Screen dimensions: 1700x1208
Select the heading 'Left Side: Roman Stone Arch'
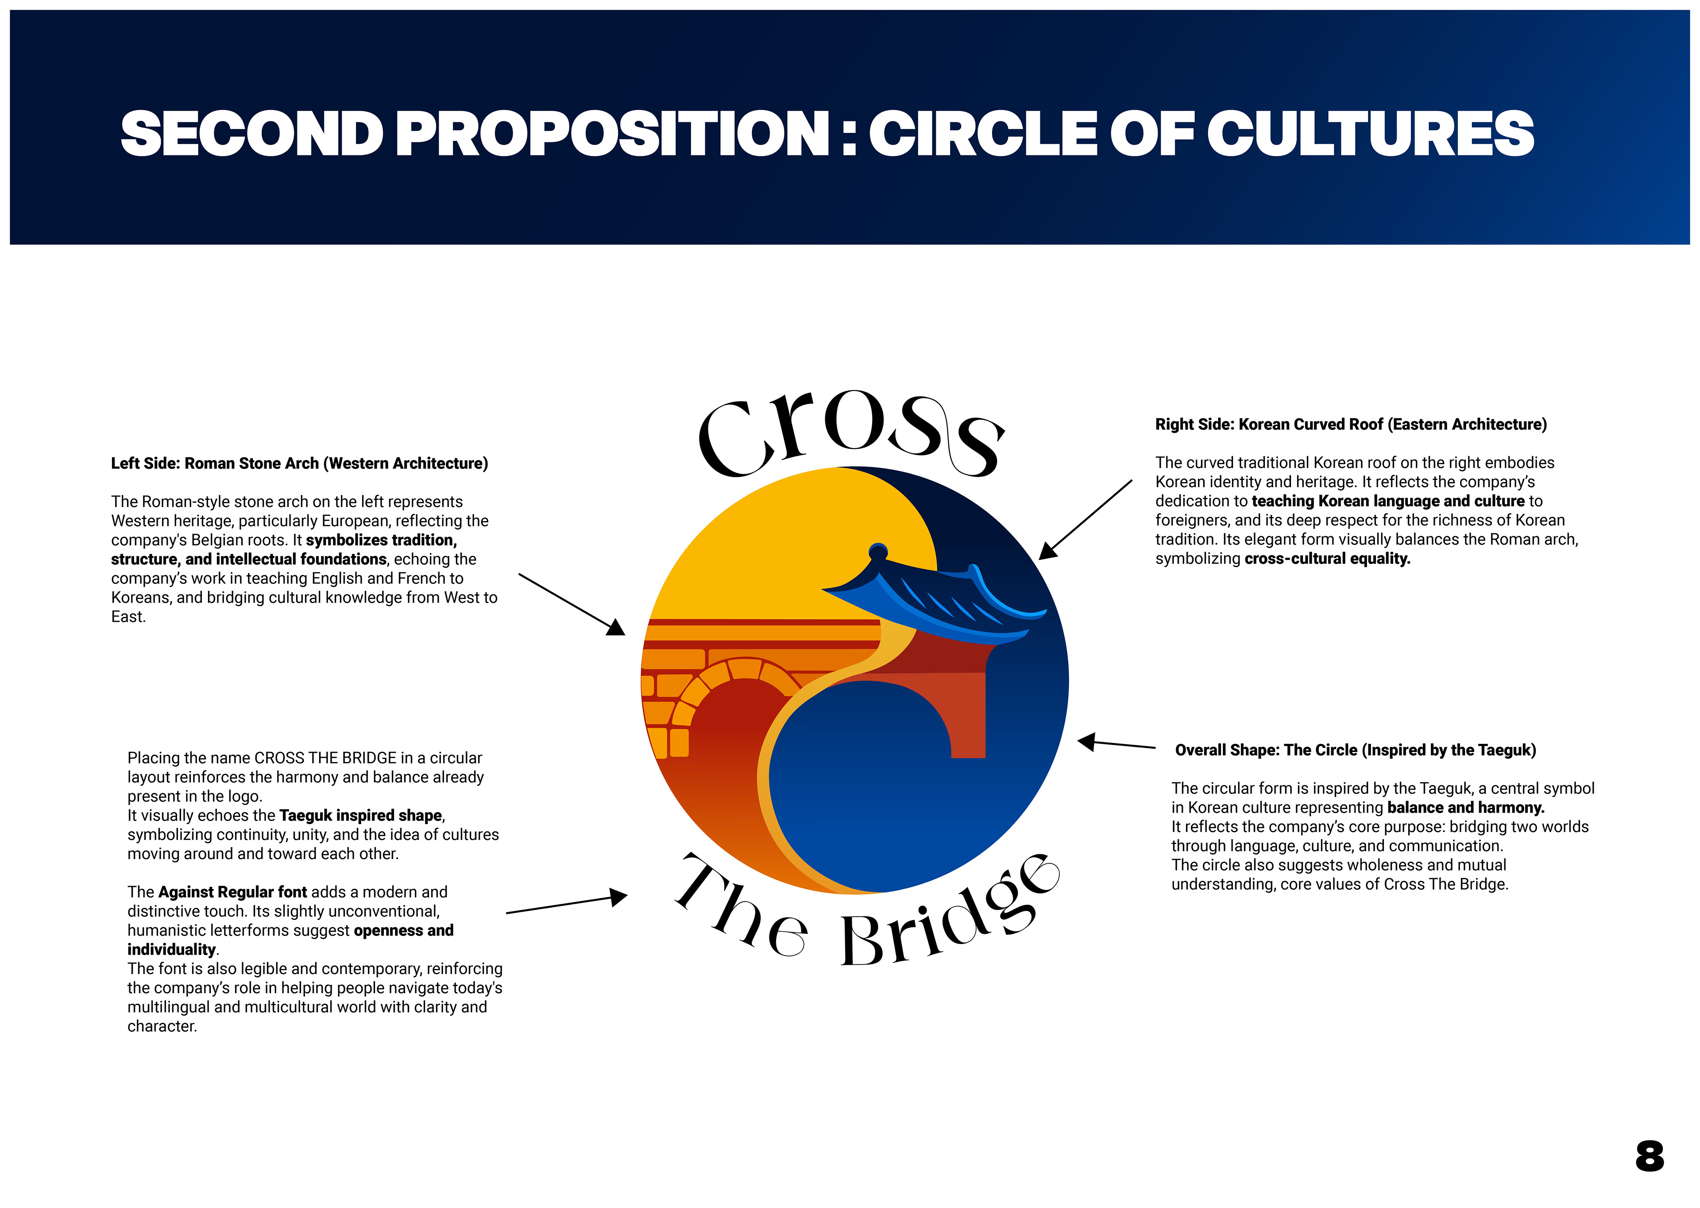coord(299,464)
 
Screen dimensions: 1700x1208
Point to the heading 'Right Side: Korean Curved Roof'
coord(1350,424)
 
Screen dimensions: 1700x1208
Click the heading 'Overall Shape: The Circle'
coord(1355,750)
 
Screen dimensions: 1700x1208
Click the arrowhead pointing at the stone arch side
coord(616,628)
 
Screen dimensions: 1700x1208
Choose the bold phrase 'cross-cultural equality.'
coord(1327,559)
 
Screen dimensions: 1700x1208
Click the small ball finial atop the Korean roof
coord(878,551)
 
